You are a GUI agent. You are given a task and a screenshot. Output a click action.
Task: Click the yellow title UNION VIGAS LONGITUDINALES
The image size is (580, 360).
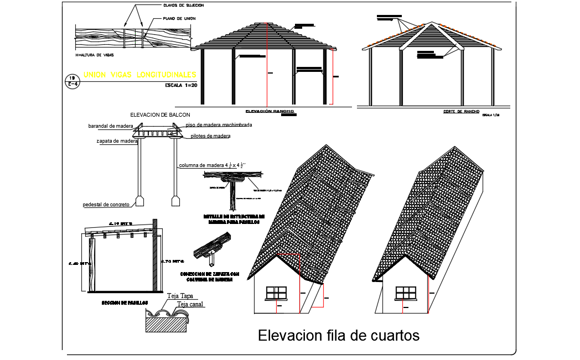(x=139, y=74)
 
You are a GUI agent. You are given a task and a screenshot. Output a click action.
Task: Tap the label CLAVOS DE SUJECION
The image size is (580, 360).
(x=183, y=5)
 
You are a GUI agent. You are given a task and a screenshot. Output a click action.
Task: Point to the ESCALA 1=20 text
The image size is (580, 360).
(x=180, y=85)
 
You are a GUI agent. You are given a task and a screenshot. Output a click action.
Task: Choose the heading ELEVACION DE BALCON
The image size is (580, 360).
(x=160, y=114)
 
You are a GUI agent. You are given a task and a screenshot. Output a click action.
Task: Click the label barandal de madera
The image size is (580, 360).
(x=107, y=126)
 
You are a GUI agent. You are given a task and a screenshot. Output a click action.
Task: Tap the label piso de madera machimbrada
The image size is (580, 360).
(x=219, y=125)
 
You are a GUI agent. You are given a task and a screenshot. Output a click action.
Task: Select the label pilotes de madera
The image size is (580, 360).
(x=210, y=135)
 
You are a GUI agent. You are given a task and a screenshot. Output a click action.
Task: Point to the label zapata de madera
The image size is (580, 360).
(x=117, y=141)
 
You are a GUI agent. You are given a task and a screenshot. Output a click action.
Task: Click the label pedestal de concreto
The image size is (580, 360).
(x=106, y=205)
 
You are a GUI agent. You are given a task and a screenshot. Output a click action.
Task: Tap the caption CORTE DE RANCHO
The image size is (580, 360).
(x=460, y=111)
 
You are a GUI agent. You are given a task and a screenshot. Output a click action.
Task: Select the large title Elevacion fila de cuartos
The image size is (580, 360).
(x=339, y=336)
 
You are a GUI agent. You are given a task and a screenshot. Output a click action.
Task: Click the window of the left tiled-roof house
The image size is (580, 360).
(x=276, y=293)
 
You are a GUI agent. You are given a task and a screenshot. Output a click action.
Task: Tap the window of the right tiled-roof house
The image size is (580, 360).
(x=406, y=292)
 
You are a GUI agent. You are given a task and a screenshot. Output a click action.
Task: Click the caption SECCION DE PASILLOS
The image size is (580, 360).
(x=125, y=302)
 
